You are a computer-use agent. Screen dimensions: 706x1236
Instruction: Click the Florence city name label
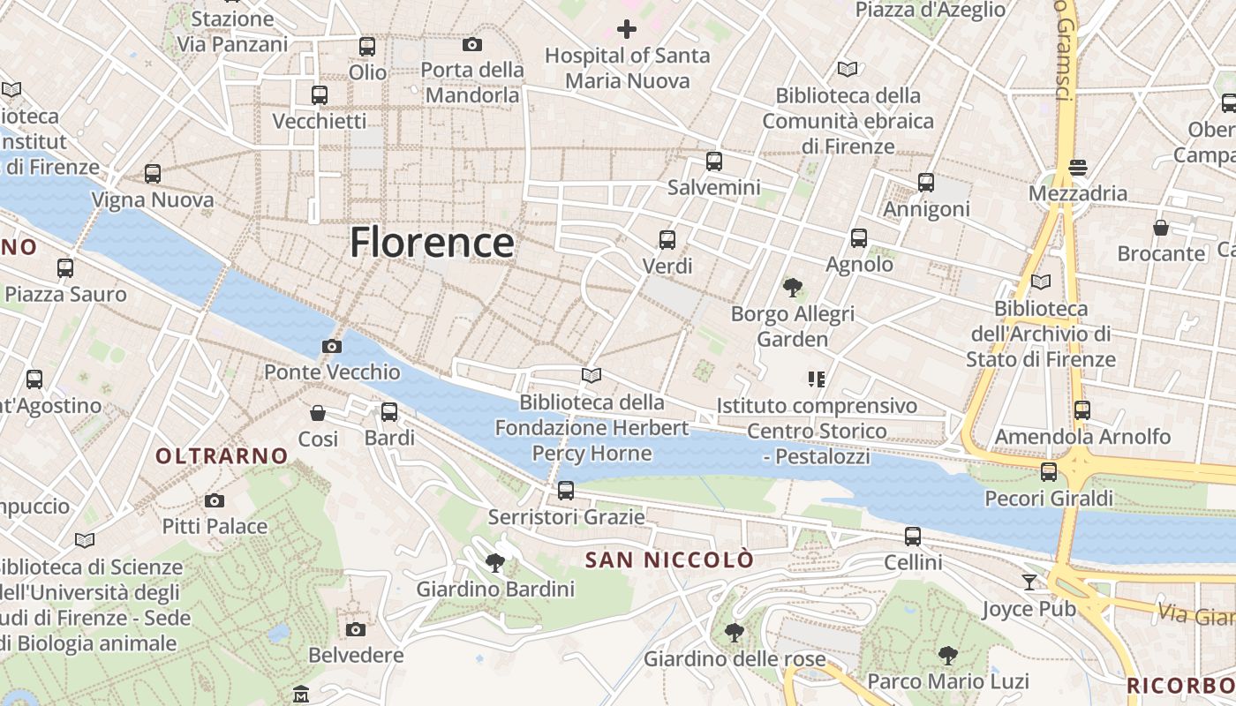[x=432, y=242]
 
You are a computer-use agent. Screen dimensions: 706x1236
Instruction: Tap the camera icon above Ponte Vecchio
[x=332, y=346]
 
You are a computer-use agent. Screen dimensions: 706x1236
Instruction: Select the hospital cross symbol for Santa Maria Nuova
[x=627, y=29]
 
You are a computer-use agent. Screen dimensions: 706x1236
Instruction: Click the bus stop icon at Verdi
[x=667, y=239]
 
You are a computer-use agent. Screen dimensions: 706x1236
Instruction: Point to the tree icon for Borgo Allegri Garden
[x=792, y=287]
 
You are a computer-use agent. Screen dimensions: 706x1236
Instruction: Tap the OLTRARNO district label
[x=222, y=455]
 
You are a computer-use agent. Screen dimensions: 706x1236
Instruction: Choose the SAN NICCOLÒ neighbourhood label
[x=670, y=560]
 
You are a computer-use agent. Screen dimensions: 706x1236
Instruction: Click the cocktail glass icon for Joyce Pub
[x=1029, y=582]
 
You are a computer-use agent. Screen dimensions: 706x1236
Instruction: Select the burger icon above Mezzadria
[x=1077, y=167]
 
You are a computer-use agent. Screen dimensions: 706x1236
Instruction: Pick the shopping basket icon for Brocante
[x=1161, y=228]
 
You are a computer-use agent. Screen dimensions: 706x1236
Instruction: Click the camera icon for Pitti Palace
[x=215, y=500]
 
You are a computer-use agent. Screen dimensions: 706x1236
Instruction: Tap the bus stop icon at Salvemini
[x=714, y=161]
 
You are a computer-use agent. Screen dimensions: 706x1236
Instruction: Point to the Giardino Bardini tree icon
[x=495, y=562]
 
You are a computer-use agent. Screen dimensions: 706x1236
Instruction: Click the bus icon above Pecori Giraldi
[x=1049, y=472]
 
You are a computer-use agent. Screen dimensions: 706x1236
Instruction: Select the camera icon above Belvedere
[x=356, y=629]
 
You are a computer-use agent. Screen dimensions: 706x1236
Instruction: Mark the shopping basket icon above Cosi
[x=318, y=412]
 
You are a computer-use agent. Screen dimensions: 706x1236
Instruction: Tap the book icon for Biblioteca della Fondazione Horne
[x=592, y=376]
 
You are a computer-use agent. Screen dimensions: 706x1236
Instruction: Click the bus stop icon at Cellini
[x=913, y=536]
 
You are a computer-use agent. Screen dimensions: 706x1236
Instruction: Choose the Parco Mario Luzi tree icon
[x=948, y=655]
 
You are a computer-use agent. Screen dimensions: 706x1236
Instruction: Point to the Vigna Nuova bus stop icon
[x=153, y=174]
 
